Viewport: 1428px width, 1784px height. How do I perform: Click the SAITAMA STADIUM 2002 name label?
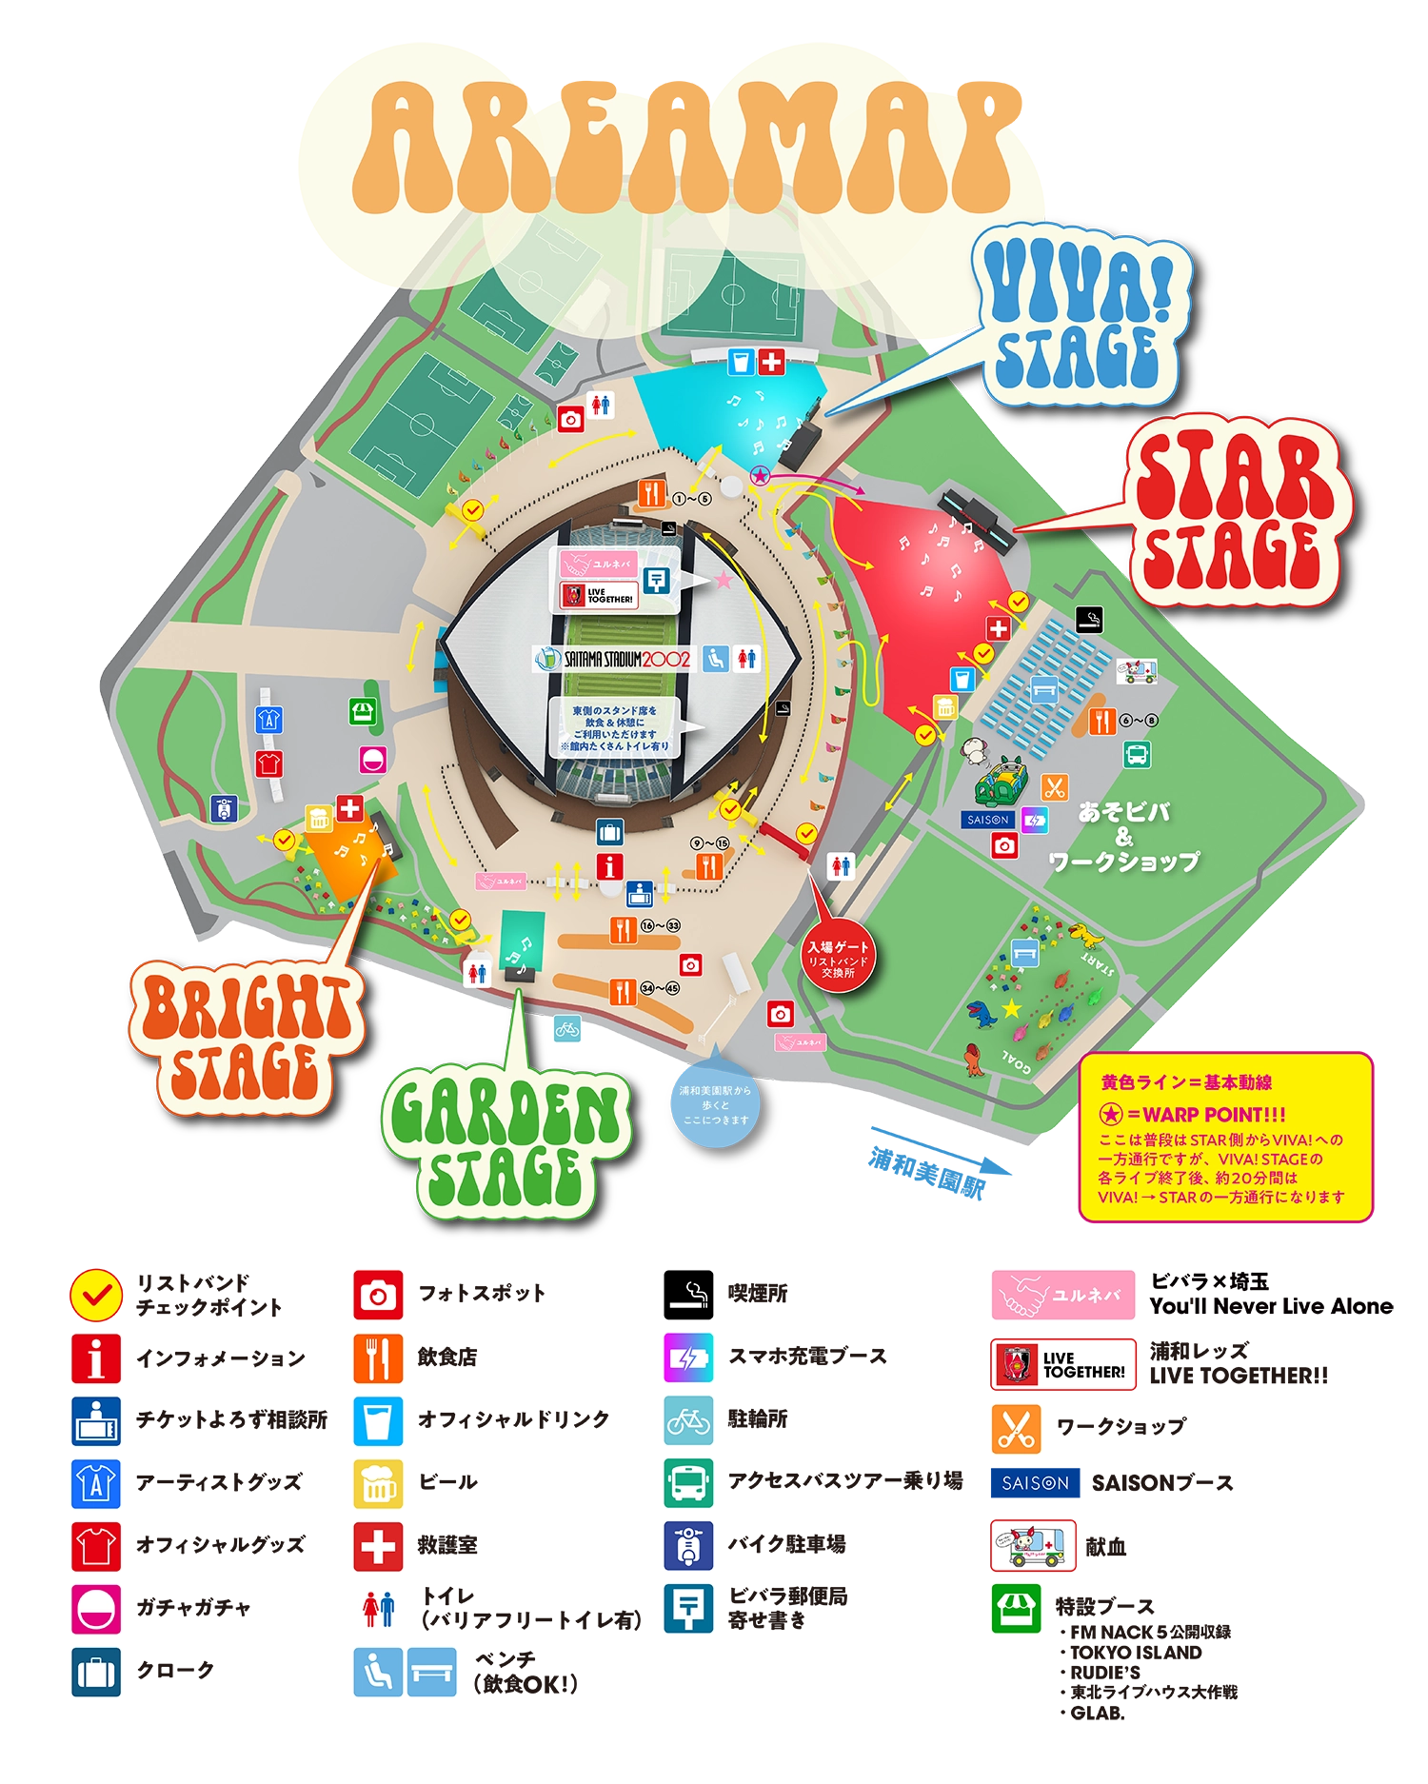(x=615, y=659)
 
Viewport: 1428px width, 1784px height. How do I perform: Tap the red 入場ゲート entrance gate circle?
(x=838, y=956)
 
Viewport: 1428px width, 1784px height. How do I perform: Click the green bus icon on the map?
(x=1137, y=755)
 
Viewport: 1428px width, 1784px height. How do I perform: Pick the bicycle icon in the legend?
(x=688, y=1421)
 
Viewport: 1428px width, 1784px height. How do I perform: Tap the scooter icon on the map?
(x=224, y=809)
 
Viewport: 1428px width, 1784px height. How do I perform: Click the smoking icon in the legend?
(x=688, y=1295)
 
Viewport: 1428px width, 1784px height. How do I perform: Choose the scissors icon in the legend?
(x=1016, y=1428)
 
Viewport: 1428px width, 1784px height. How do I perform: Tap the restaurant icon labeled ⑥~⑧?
(x=1101, y=721)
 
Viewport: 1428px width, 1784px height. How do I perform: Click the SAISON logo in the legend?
(x=1035, y=1483)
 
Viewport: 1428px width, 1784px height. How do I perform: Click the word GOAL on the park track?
(x=1017, y=1061)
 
